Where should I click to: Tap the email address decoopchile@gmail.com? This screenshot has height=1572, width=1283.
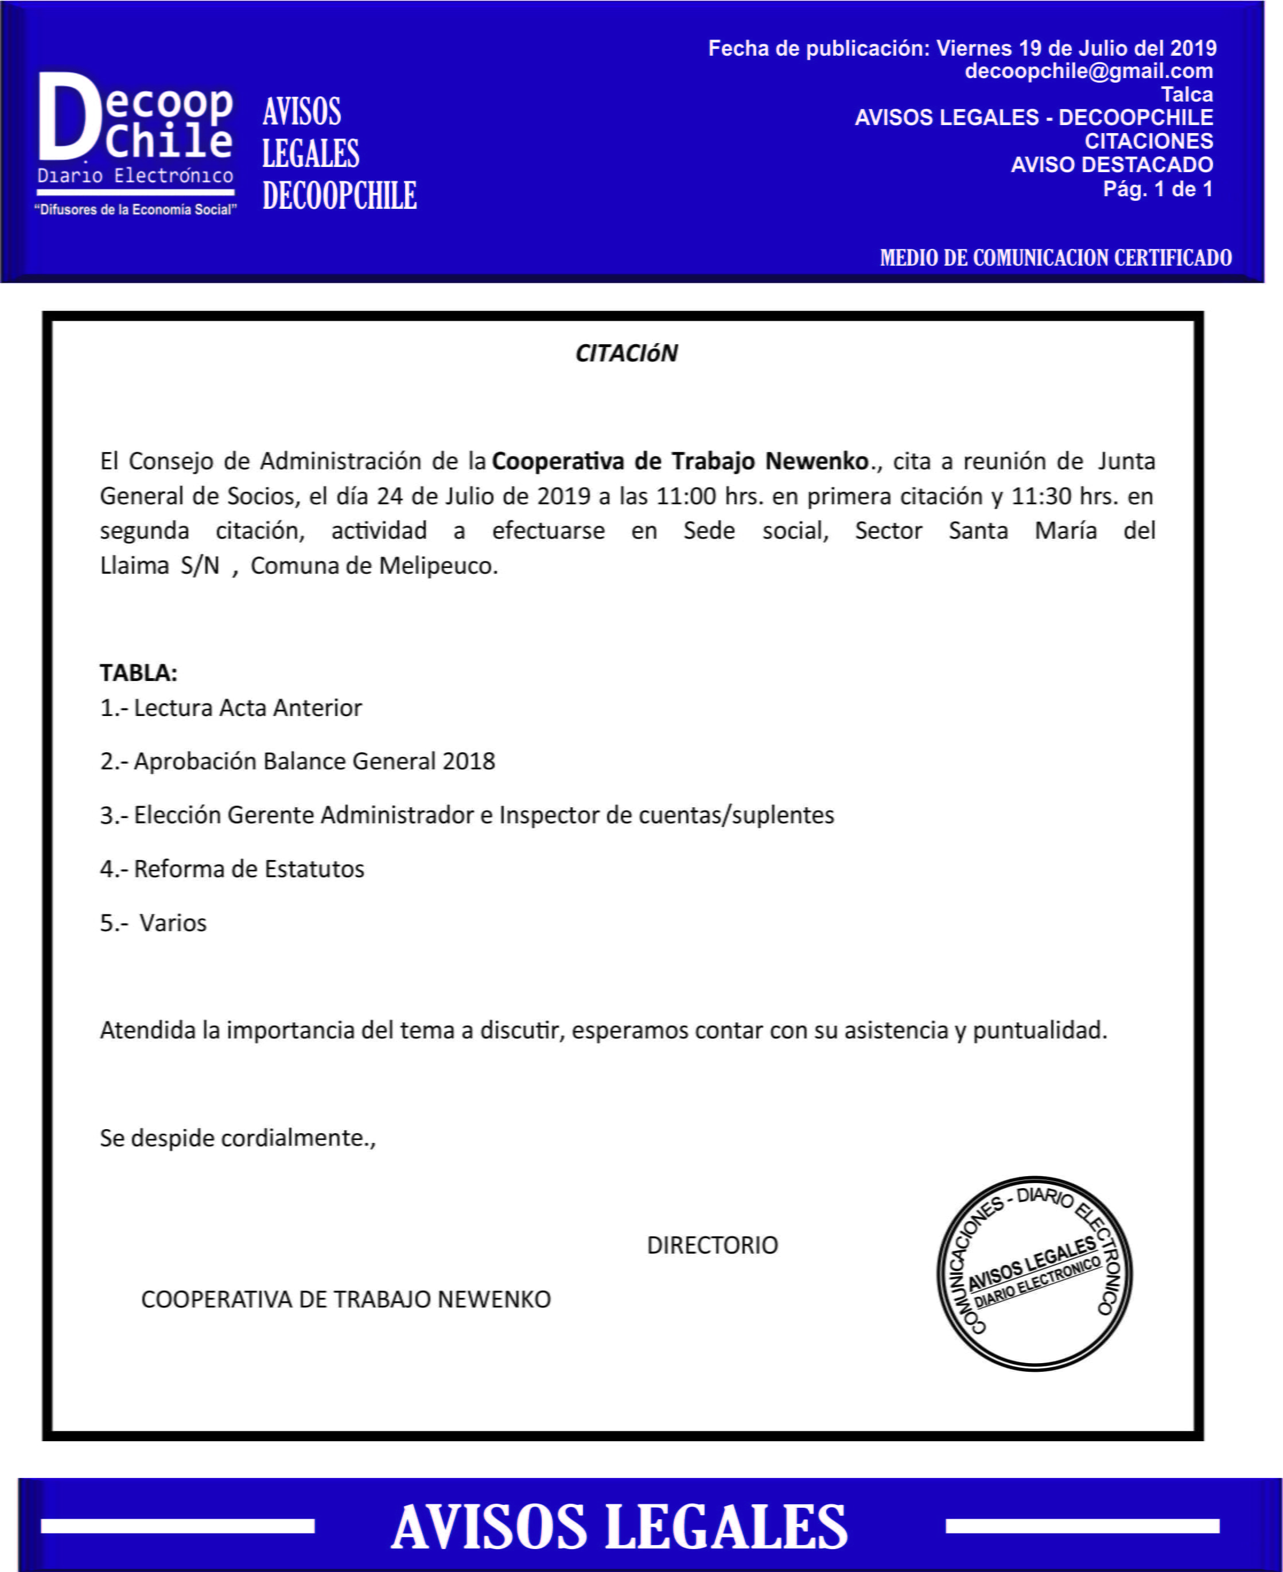(1088, 72)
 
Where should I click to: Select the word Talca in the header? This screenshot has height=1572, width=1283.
(1186, 95)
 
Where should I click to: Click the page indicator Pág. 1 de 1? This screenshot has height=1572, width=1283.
(1157, 189)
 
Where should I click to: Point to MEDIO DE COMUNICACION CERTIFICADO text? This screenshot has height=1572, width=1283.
(1055, 258)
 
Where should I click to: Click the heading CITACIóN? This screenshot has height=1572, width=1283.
(626, 354)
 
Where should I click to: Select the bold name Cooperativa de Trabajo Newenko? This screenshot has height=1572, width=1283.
(680, 461)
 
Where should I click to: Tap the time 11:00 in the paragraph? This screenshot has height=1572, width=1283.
(685, 496)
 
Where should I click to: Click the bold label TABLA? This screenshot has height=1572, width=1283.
(138, 672)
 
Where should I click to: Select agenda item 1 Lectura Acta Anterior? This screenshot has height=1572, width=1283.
(231, 708)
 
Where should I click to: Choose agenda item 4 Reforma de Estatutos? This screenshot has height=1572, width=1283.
(232, 869)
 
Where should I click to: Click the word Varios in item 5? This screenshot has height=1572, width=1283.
(173, 923)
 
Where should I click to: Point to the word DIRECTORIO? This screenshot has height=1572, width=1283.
(712, 1246)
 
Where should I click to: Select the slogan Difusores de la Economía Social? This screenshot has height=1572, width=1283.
(135, 210)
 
